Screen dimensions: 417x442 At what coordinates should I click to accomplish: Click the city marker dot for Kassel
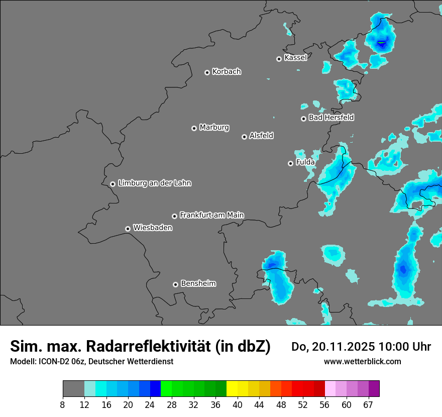(x=279, y=59)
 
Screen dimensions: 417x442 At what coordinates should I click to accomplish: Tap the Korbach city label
(x=227, y=72)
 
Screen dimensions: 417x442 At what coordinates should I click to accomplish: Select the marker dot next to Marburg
(x=194, y=128)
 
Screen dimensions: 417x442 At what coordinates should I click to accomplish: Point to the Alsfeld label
(x=261, y=136)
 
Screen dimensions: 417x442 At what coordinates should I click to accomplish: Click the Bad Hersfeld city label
(x=331, y=118)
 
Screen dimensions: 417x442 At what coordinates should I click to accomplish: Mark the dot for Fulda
(x=290, y=163)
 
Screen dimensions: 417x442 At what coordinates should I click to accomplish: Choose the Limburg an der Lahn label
(x=154, y=183)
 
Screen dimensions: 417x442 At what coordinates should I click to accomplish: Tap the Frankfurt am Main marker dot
(x=174, y=216)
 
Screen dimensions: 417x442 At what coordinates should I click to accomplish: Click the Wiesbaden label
(x=153, y=228)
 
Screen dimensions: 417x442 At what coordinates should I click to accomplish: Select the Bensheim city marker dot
(x=175, y=284)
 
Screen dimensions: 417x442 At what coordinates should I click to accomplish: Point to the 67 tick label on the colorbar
(x=368, y=405)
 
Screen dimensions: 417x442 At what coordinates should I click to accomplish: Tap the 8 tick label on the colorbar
(x=63, y=405)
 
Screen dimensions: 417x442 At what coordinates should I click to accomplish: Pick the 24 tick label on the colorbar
(x=150, y=405)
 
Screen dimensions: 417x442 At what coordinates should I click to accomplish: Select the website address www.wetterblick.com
(x=362, y=361)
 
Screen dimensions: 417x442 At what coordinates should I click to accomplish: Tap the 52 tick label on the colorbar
(x=302, y=405)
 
